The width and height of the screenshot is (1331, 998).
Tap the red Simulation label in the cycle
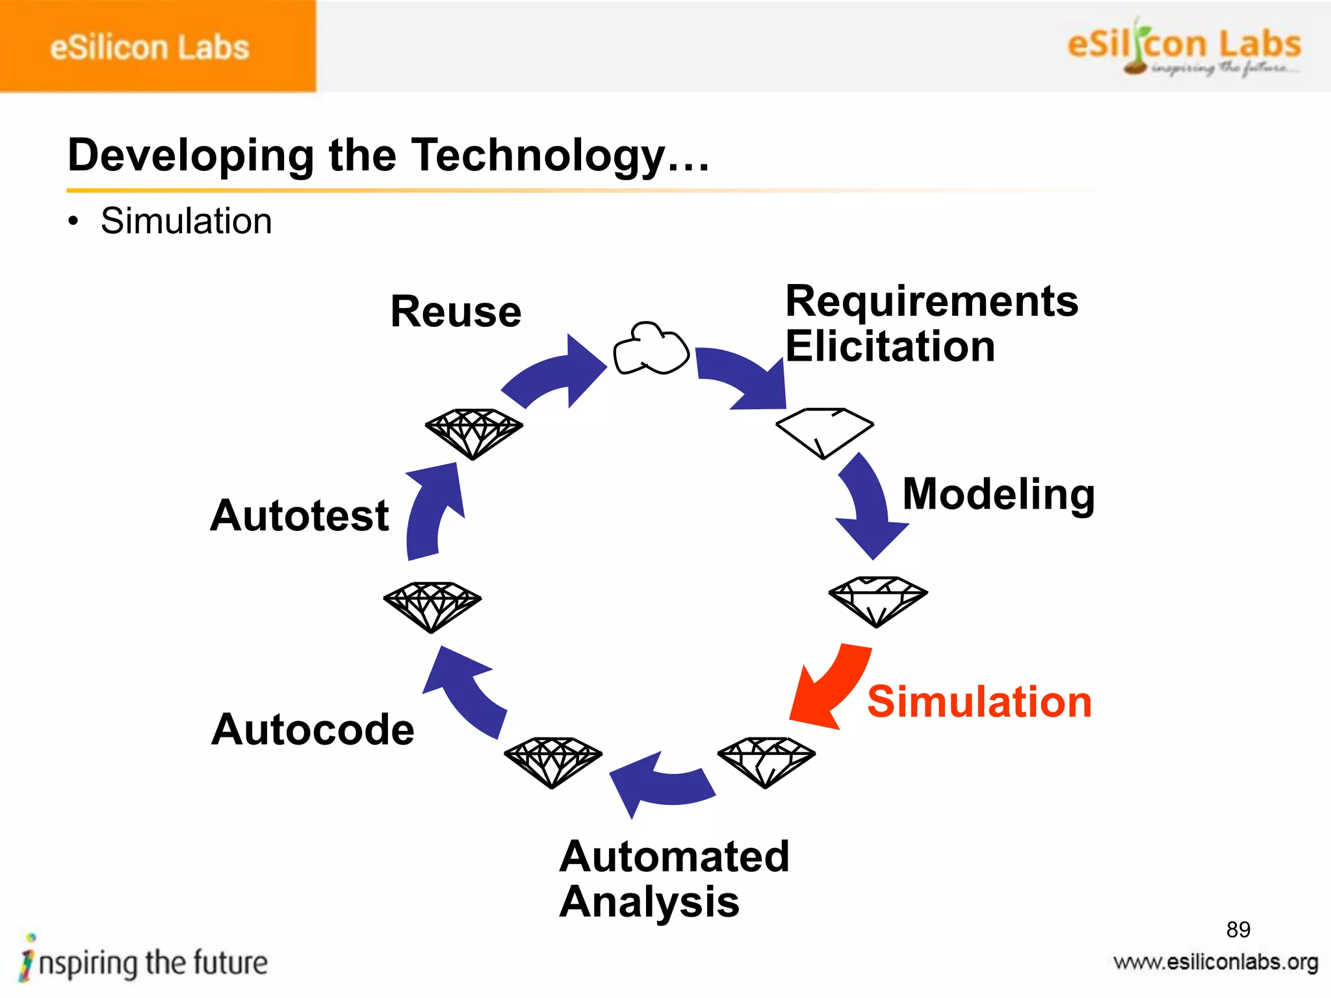tap(979, 702)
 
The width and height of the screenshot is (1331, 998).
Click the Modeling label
tap(998, 494)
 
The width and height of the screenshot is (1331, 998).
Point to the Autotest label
tap(300, 515)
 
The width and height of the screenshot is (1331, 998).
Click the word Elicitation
tap(890, 346)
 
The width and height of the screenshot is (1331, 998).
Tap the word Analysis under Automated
tap(649, 902)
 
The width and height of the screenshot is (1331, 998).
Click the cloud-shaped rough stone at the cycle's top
tap(651, 349)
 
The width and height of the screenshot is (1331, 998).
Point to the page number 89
tap(1237, 930)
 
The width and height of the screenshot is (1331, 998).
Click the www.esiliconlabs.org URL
tap(1215, 962)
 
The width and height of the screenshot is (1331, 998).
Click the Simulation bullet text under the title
tap(186, 221)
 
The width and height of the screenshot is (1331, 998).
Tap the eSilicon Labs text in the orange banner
tap(149, 47)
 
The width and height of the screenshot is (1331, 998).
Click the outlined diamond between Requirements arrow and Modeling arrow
tap(824, 430)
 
